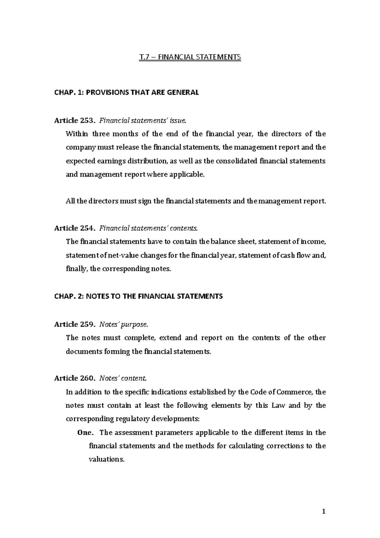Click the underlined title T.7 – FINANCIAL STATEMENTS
click(x=190, y=57)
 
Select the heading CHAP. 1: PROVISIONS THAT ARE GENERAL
click(x=126, y=93)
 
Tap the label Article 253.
click(x=74, y=120)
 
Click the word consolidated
click(x=237, y=161)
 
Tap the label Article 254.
click(x=74, y=228)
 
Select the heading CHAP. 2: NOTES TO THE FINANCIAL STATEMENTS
click(x=138, y=296)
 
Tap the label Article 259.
click(x=74, y=324)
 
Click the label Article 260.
click(x=74, y=378)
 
